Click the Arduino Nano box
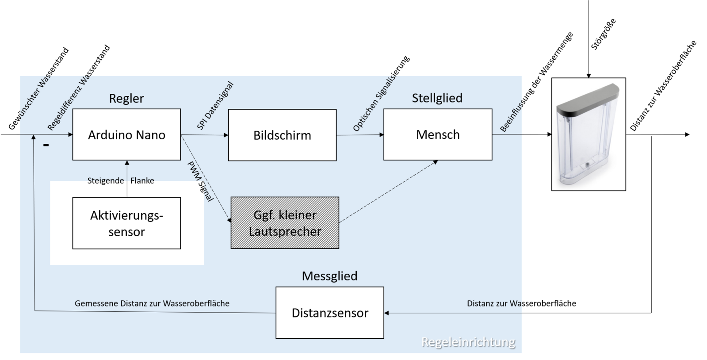pyautogui.click(x=126, y=134)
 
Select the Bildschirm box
pyautogui.click(x=282, y=135)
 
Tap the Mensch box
pyautogui.click(x=438, y=134)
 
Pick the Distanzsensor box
pyautogui.click(x=330, y=313)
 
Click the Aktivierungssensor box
pyautogui.click(x=126, y=223)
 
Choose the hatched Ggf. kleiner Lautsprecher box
pyautogui.click(x=285, y=223)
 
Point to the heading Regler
pyautogui.click(x=126, y=98)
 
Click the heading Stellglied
pyautogui.click(x=437, y=98)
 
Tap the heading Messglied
pyautogui.click(x=329, y=276)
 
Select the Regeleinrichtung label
pyautogui.click(x=468, y=342)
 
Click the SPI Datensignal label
pyautogui.click(x=215, y=106)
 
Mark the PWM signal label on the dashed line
pyautogui.click(x=200, y=181)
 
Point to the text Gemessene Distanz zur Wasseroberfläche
pyautogui.click(x=152, y=303)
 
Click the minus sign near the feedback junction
pyautogui.click(x=46, y=145)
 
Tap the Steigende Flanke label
pyautogui.click(x=120, y=180)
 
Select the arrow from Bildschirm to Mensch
pyautogui.click(x=360, y=135)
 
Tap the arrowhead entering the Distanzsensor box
pyautogui.click(x=386, y=313)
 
